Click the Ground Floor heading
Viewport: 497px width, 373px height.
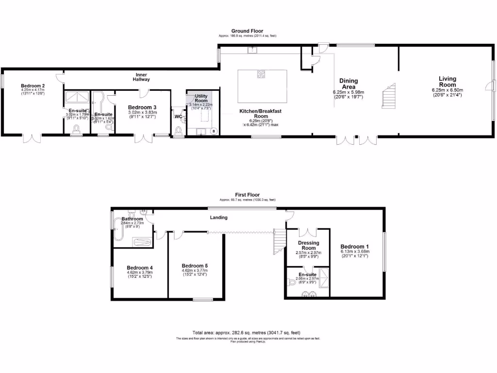(247, 31)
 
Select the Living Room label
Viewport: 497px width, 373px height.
(447, 82)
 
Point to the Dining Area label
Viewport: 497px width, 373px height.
(348, 84)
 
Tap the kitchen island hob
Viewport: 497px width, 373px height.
(261, 75)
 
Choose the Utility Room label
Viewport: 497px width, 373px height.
(201, 99)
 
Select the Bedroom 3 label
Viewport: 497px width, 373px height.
(142, 108)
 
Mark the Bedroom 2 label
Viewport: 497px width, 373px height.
(33, 85)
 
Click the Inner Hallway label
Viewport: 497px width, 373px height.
(142, 77)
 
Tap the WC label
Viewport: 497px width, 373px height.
(178, 117)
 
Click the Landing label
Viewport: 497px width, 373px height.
(218, 218)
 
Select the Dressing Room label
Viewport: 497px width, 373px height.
(308, 245)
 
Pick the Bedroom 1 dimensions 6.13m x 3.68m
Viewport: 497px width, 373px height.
(355, 252)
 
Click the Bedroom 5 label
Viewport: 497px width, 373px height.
(195, 266)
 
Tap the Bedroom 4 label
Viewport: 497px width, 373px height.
(140, 268)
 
